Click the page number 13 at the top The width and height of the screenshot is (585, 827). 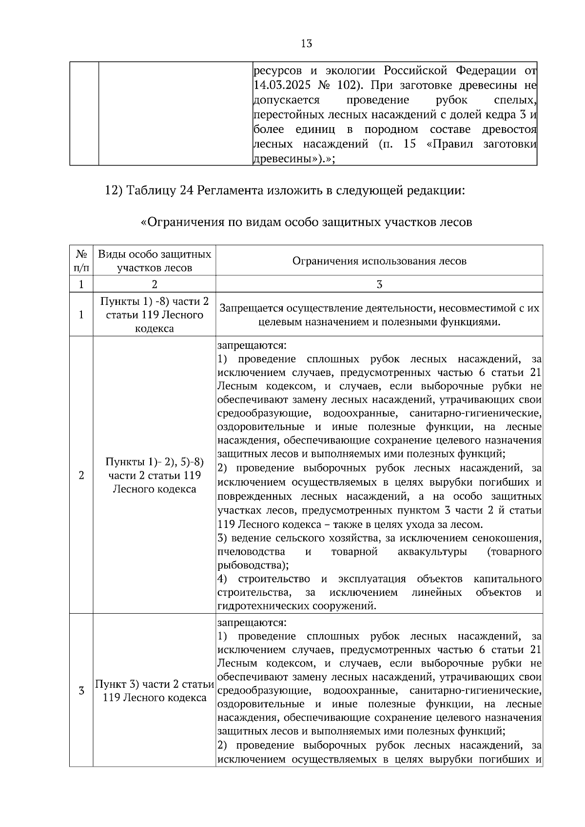click(307, 44)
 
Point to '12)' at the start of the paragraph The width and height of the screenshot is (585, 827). click(114, 190)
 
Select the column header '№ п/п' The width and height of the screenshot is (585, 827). click(81, 261)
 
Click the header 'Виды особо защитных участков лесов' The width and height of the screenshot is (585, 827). click(155, 261)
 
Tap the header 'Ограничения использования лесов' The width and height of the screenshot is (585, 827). click(379, 261)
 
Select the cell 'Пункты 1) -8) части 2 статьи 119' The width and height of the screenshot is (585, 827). click(155, 315)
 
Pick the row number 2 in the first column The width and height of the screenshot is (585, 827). click(81, 475)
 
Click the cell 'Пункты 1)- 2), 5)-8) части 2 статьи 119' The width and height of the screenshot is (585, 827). click(155, 475)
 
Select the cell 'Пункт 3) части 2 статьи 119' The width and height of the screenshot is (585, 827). click(155, 691)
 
